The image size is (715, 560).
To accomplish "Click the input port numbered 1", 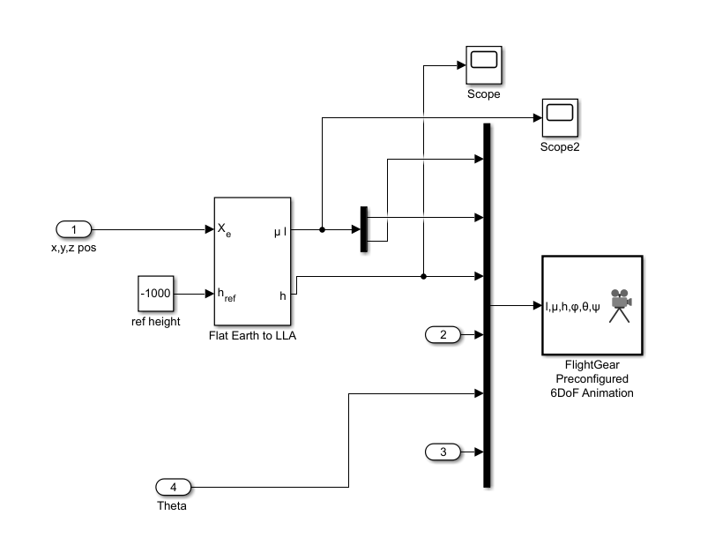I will click(74, 230).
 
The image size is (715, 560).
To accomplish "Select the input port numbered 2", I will click(443, 334).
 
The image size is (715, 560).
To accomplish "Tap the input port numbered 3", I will click(443, 452).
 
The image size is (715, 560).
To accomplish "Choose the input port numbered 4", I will click(173, 487).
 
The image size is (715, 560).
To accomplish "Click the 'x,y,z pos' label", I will click(74, 248).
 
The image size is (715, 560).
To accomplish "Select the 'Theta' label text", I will click(172, 506).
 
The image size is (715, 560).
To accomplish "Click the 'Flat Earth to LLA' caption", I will click(252, 335).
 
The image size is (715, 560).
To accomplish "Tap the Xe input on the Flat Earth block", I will click(224, 230).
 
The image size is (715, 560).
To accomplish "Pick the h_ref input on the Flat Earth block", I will click(227, 294).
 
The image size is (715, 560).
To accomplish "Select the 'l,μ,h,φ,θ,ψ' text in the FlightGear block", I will click(572, 306).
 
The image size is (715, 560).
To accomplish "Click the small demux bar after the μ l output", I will click(363, 229).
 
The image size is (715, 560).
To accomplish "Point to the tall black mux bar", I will click(487, 305).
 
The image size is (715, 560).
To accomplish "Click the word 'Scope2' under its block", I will click(559, 146).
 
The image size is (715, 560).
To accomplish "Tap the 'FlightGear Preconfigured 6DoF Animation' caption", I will click(592, 378).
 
